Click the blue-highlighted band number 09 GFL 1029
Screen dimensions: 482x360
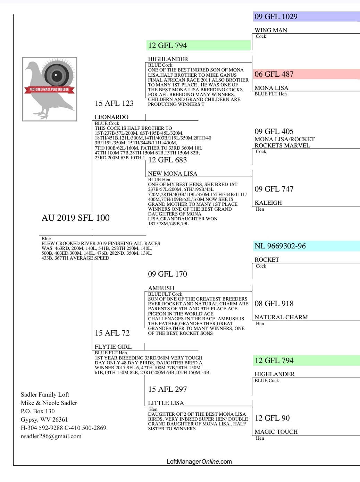tap(276, 17)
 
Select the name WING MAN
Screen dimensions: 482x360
tap(271, 31)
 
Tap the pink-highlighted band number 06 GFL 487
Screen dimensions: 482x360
tap(274, 74)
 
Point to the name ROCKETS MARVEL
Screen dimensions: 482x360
tap(282, 146)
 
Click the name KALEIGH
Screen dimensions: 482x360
tap(268, 203)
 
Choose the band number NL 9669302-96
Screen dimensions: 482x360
tap(280, 246)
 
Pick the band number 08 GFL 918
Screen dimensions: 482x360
tap(274, 304)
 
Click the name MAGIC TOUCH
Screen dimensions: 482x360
tap(276, 432)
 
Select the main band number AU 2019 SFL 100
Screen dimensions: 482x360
tap(76, 218)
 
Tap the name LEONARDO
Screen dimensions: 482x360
tap(111, 117)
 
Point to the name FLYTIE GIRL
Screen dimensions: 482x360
tap(113, 347)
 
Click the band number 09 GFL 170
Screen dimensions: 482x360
tap(167, 274)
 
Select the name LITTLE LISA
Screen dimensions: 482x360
tap(166, 403)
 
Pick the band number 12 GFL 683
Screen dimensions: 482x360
tap(167, 160)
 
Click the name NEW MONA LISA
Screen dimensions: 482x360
tap(173, 174)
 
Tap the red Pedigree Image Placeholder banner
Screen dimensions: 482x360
tap(49, 90)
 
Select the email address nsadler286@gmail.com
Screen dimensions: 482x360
tap(51, 437)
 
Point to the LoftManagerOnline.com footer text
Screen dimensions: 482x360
tap(199, 462)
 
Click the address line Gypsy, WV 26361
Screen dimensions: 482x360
tap(44, 420)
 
